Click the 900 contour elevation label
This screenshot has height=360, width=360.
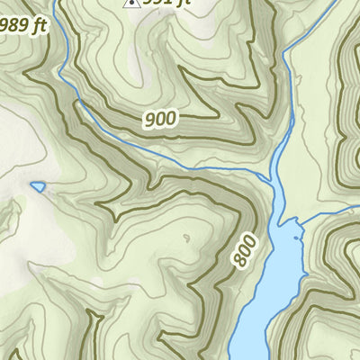coord(159,117)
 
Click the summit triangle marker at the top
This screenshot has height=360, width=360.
coord(130,4)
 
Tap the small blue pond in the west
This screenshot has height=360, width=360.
coord(37,186)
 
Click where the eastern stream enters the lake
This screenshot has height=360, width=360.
coord(301,221)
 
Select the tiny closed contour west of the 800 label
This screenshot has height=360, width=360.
coord(185,238)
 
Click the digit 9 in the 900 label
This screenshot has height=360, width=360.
coord(148,118)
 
